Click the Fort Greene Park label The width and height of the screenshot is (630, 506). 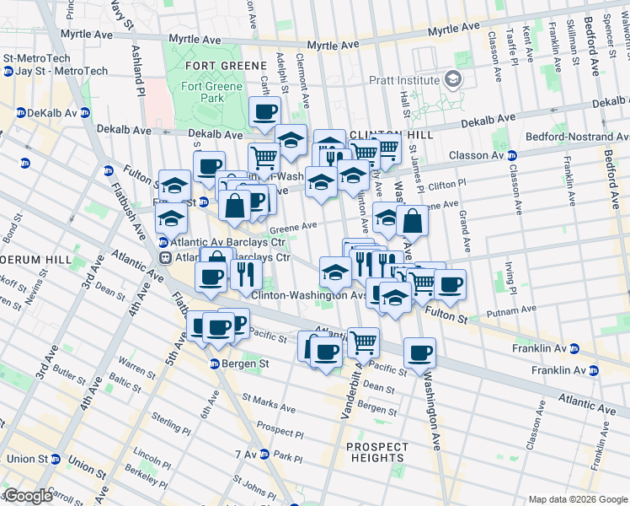click(x=202, y=92)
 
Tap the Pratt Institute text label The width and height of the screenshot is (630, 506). click(x=404, y=80)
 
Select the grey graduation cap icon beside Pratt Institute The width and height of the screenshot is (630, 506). click(x=453, y=79)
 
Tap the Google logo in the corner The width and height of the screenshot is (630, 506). click(x=27, y=496)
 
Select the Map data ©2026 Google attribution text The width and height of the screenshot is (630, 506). click(x=578, y=499)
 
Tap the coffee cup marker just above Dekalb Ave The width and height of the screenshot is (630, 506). click(x=264, y=111)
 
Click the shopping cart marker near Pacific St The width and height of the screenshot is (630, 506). click(x=363, y=342)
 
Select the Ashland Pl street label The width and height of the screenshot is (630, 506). click(x=137, y=71)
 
